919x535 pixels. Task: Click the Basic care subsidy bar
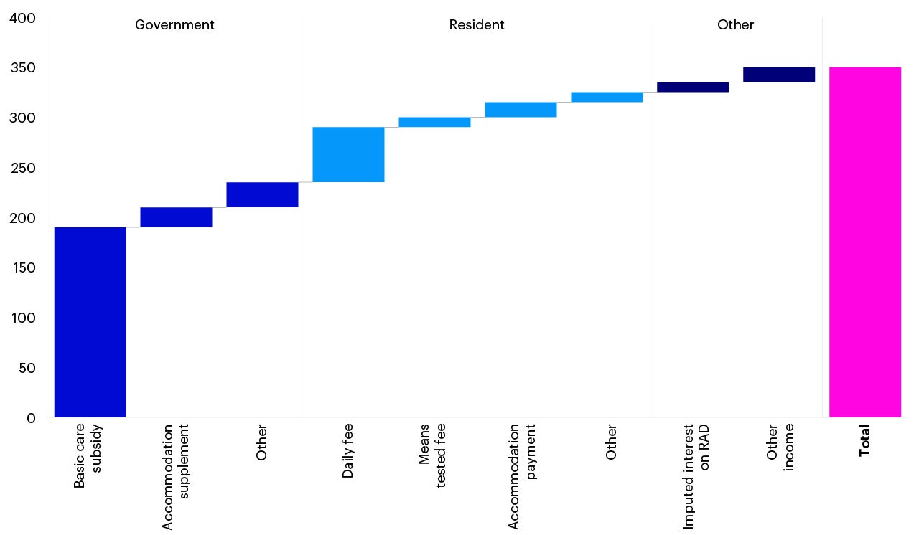pos(90,322)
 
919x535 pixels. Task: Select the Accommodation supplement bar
pos(176,217)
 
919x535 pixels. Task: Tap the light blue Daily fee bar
pos(348,154)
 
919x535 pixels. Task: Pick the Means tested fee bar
pos(434,122)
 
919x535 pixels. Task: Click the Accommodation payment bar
pos(521,110)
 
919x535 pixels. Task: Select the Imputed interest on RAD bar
pos(693,87)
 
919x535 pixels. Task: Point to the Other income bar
pos(779,75)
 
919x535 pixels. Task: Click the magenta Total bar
pos(864,242)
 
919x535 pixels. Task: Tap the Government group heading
pos(174,25)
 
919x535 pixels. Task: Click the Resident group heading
pos(477,25)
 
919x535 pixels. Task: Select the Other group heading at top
pos(735,25)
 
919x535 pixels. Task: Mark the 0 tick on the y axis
pos(31,417)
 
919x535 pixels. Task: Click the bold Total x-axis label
pos(864,440)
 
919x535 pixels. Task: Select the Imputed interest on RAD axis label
pos(696,476)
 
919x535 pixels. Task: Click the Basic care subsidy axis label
pos(88,457)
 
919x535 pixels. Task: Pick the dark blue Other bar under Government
pos(262,194)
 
